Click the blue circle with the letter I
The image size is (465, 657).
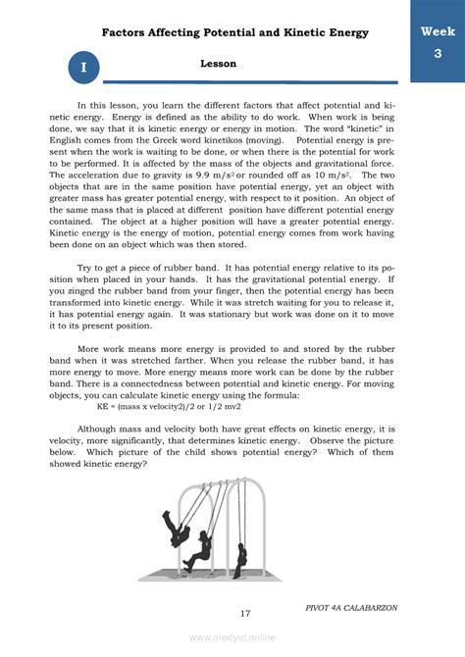tap(84, 68)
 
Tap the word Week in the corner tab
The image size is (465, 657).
tap(438, 31)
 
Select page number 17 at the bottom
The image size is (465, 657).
tap(245, 614)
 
